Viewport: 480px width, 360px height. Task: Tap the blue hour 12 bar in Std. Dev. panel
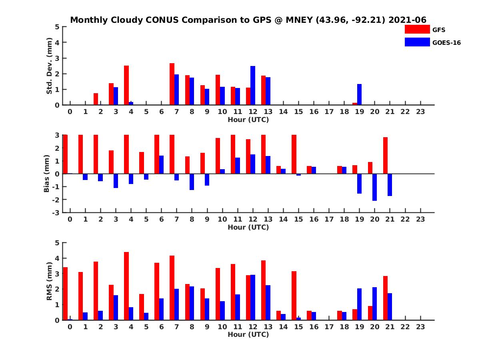coord(253,86)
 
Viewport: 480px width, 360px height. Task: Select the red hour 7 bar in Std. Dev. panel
coord(172,84)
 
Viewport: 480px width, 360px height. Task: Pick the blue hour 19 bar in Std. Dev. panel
coord(359,94)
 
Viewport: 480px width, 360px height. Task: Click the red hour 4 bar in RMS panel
coord(126,286)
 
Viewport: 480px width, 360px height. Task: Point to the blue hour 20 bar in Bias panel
coord(374,187)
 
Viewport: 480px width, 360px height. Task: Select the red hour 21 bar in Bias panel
coord(385,156)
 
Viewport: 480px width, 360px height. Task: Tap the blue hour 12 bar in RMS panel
coord(253,297)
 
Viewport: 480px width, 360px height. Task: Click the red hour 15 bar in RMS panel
coord(294,296)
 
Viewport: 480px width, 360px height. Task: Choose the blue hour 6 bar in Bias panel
coord(161,165)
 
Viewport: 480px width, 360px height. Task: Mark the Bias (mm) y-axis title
coord(46,174)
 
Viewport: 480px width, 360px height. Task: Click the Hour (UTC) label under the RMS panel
coord(248,334)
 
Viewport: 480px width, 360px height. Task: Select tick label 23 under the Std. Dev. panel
coord(420,112)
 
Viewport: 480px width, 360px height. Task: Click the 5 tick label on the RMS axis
coord(58,243)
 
